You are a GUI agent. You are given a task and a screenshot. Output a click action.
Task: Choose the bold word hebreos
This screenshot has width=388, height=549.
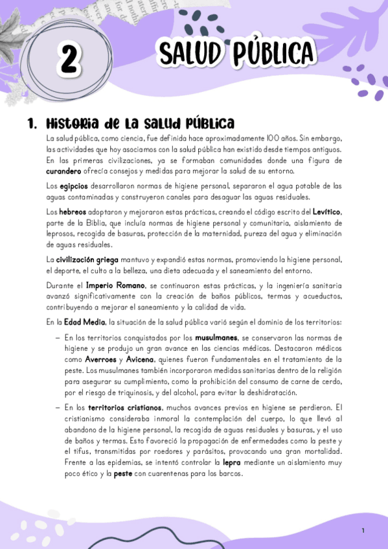(x=72, y=212)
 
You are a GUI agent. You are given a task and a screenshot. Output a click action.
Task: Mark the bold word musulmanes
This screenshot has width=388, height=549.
(x=216, y=337)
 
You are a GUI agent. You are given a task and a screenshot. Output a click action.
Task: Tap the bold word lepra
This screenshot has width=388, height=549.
(x=231, y=463)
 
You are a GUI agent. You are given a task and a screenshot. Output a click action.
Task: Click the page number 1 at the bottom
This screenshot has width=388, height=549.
(x=363, y=530)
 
